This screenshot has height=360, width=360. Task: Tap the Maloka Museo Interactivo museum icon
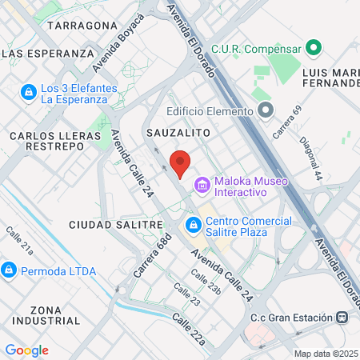point(202,186)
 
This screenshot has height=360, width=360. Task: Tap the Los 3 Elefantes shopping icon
point(29,94)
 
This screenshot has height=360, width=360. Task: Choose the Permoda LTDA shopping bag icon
point(10,270)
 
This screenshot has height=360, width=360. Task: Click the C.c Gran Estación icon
point(342,318)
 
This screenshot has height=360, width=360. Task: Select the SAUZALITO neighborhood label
point(178,130)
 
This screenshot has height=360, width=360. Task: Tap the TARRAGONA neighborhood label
point(82,26)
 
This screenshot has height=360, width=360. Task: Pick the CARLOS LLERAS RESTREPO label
point(46,142)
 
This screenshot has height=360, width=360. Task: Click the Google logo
point(26,350)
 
